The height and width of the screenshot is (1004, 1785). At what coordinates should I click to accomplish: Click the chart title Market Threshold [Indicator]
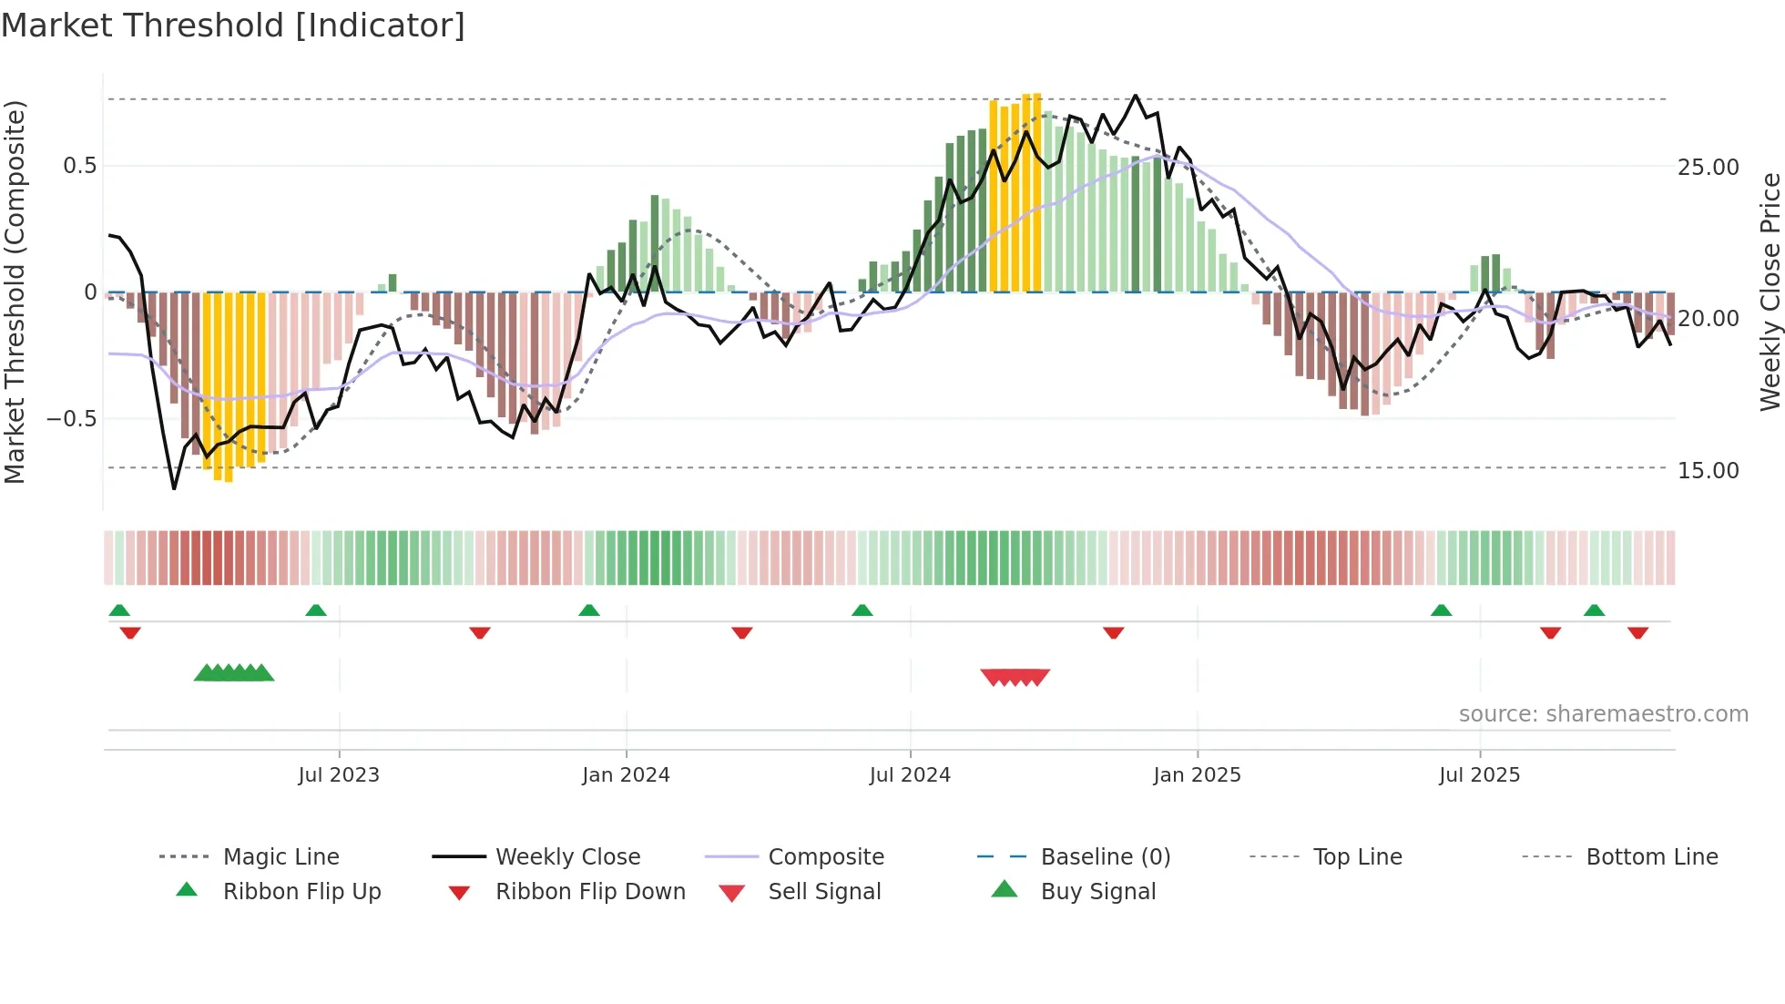pos(233,26)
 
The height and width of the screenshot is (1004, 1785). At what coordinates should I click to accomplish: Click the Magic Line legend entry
pos(280,857)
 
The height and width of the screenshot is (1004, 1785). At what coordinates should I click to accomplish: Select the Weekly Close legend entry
pos(567,857)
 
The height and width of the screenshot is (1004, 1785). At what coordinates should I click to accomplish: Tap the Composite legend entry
pos(825,857)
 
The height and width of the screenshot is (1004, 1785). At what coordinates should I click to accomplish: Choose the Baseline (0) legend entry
pos(1105,857)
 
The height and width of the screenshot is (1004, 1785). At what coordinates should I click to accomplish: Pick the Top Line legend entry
pos(1357,857)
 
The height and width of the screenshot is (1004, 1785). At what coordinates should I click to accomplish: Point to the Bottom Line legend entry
pos(1651,857)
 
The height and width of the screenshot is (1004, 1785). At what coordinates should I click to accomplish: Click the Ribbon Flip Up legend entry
pos(301,892)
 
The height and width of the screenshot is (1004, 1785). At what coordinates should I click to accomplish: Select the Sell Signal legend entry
pos(824,892)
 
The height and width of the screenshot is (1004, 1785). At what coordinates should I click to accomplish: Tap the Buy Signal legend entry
pos(1097,892)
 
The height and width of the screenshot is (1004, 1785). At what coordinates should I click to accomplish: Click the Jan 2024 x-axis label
pos(626,775)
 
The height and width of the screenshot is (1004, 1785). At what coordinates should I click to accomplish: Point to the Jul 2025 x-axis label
pos(1479,775)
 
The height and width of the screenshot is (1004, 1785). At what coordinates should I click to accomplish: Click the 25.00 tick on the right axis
pos(1708,168)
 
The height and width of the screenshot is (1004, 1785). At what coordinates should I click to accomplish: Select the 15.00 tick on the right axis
pos(1708,471)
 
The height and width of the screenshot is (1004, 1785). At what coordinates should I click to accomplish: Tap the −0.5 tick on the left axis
pos(71,419)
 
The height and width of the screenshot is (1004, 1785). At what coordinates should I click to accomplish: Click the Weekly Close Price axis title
pos(1770,292)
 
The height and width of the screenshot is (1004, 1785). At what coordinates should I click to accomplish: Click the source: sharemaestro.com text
pos(1603,714)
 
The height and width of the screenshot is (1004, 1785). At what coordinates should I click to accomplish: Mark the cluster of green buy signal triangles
pos(234,673)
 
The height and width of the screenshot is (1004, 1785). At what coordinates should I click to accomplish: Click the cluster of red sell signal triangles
pos(1015,677)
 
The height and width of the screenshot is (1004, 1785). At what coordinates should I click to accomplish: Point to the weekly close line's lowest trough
pos(174,488)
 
